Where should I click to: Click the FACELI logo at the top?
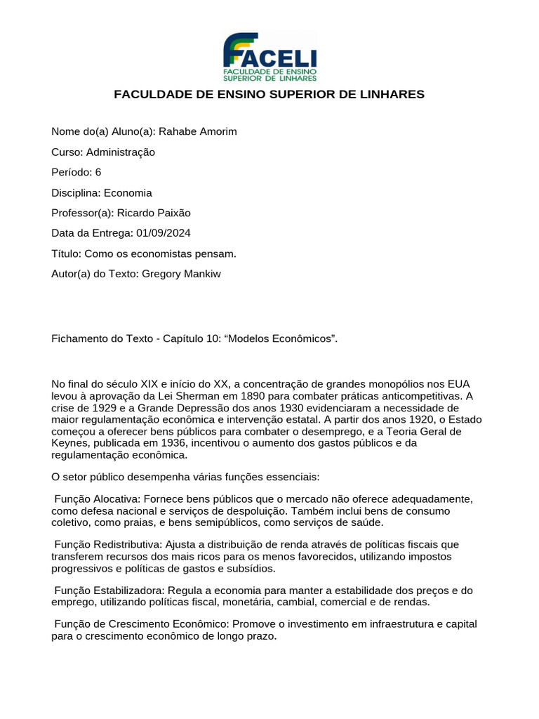(269, 56)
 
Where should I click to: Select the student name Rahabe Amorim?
(198, 132)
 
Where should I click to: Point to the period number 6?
(98, 173)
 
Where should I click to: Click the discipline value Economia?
(128, 193)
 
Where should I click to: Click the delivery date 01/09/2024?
(166, 234)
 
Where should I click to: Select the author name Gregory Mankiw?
(181, 274)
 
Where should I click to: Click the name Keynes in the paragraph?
(69, 443)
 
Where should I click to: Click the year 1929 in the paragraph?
(109, 408)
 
